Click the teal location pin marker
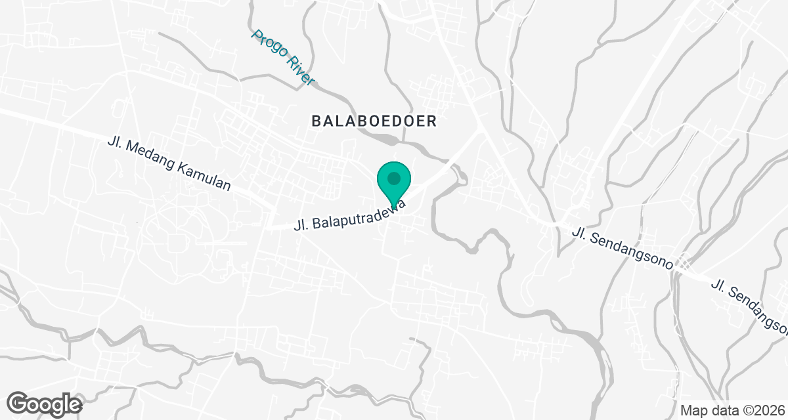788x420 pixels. (393, 183)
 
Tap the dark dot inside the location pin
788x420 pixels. (393, 178)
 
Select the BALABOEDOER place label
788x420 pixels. (374, 121)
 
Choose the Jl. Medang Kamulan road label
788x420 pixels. (169, 164)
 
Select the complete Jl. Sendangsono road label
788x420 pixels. (623, 248)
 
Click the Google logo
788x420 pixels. (45, 403)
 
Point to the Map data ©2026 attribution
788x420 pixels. (730, 410)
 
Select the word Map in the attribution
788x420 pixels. (691, 410)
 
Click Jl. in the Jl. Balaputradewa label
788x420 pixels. (301, 225)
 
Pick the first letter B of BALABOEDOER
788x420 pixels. (316, 121)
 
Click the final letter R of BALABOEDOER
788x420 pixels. (432, 121)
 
